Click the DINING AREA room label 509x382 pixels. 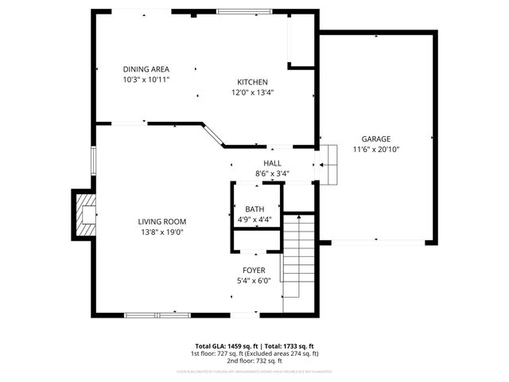[x=146, y=69]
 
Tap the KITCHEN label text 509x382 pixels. [x=252, y=82]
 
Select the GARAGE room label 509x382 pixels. [x=376, y=138]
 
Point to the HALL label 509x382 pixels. [x=272, y=163]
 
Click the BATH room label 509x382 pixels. [x=254, y=209]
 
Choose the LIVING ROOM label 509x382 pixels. [x=161, y=222]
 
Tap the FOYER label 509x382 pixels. [x=254, y=271]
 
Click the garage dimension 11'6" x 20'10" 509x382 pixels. [x=376, y=149]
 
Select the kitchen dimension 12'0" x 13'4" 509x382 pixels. [x=252, y=92]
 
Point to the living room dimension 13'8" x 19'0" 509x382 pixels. [x=161, y=232]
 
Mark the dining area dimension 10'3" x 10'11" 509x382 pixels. [x=146, y=80]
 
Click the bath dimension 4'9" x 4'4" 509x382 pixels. [x=254, y=219]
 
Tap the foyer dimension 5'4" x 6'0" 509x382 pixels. [x=254, y=280]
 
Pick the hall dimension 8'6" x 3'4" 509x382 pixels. [x=272, y=173]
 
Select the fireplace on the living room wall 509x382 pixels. [x=84, y=215]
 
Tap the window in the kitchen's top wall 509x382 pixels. [x=243, y=11]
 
